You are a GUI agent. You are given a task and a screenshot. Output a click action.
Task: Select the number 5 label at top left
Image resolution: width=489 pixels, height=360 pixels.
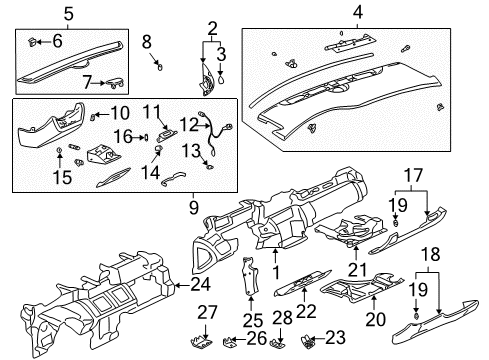point(41,14)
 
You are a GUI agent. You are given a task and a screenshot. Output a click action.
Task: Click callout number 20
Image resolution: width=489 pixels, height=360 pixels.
point(376,320)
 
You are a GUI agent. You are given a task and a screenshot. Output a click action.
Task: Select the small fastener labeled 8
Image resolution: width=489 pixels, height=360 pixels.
point(158,69)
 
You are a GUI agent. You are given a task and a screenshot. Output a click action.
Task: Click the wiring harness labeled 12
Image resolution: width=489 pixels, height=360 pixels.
point(216,127)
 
